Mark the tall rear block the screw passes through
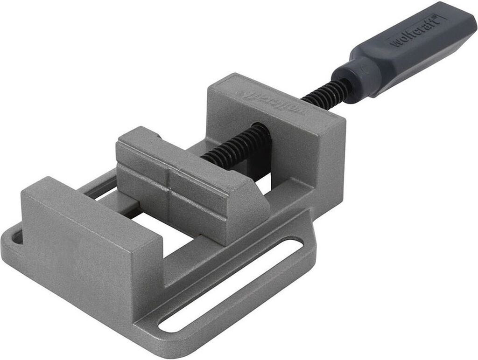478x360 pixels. pyautogui.click(x=280, y=131)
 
